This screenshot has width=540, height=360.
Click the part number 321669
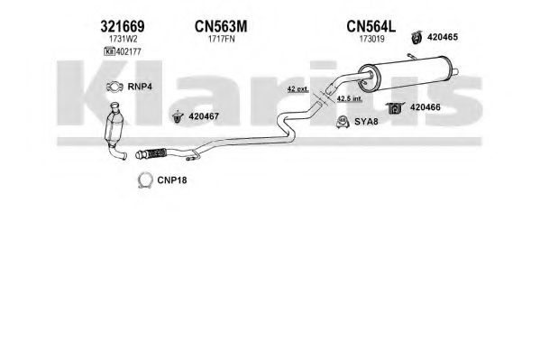coord(123,26)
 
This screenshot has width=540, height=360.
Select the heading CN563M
coord(221,26)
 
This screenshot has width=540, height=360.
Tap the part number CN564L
coord(371,26)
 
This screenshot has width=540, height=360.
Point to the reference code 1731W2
coord(121,40)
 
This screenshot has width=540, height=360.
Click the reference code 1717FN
coord(222,40)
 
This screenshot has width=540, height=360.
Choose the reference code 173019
coord(372,40)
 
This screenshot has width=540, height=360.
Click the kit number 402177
coord(128,52)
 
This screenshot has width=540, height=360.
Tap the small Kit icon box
coord(109,52)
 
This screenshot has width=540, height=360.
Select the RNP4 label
coord(140,87)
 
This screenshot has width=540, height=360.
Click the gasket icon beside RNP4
coord(114,87)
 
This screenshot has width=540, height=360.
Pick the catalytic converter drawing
coord(114,131)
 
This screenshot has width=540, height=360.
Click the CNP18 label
coord(172,180)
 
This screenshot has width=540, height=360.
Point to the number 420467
coord(204,116)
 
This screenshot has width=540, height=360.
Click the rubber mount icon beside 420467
coord(177,117)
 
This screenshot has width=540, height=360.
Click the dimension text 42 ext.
coord(297,89)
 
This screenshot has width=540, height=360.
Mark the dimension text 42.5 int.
coord(349,99)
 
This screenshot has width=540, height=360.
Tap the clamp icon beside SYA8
coord(343,122)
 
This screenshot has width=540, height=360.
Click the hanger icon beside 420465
coord(416,38)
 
